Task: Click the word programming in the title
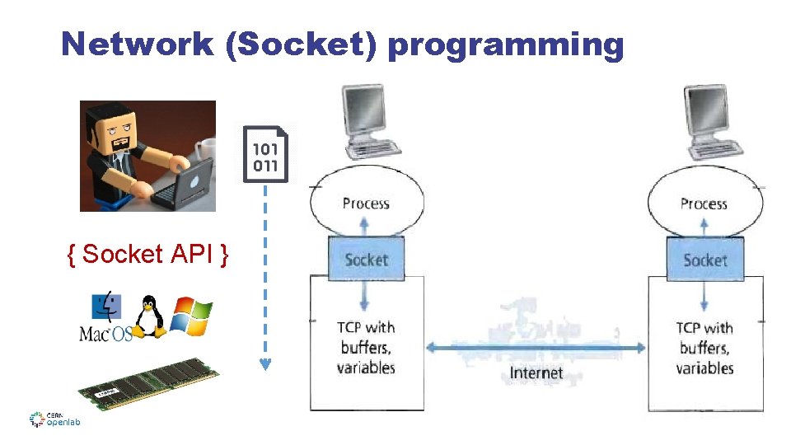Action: [505, 45]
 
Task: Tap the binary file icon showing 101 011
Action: [265, 154]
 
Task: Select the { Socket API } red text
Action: [148, 254]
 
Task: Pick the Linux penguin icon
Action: [148, 317]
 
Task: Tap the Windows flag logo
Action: [191, 316]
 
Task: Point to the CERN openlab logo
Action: [54, 419]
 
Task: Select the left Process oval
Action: [367, 203]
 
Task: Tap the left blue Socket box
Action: [367, 259]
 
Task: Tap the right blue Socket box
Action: [704, 260]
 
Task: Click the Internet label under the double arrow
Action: [536, 372]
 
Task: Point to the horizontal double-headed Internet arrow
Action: [536, 348]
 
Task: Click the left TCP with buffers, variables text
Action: [367, 347]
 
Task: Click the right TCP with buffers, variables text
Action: [704, 347]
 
